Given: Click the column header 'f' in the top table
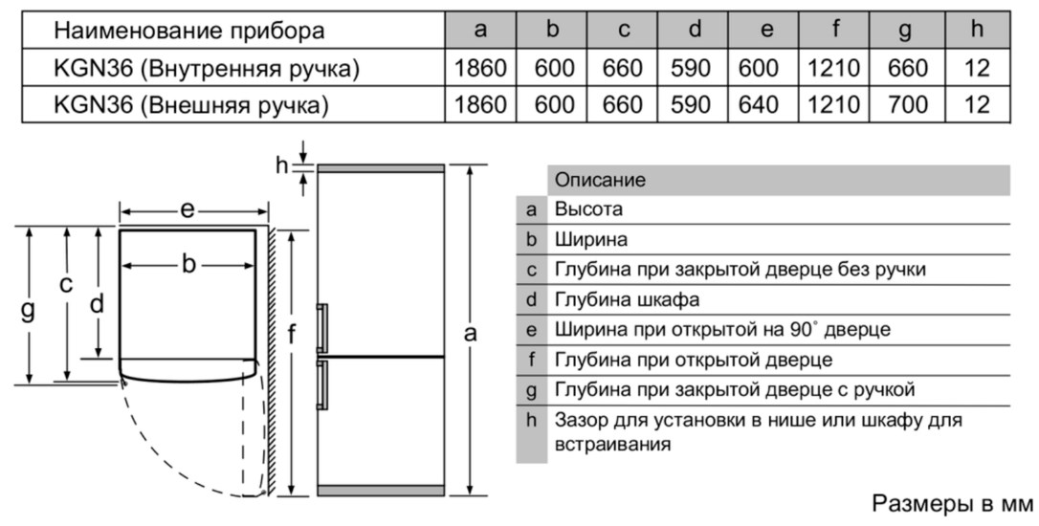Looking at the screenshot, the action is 835,29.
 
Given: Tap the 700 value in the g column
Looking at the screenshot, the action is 907,104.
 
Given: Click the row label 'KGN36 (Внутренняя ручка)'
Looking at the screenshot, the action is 206,68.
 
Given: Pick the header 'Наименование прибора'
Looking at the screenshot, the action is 188,31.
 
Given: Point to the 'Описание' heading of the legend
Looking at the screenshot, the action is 600,180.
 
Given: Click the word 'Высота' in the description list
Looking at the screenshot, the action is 588,209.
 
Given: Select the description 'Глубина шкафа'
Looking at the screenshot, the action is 627,300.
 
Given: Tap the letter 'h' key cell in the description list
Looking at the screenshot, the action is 531,420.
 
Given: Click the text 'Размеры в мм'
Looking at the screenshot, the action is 952,503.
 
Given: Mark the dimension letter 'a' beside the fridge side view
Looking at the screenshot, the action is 470,333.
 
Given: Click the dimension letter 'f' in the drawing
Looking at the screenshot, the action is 291,335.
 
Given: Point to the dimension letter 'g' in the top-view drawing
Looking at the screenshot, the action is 28,309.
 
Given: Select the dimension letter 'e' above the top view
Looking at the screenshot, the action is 188,210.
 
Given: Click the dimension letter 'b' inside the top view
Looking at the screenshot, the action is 188,264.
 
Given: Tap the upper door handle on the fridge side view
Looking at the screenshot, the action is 321,328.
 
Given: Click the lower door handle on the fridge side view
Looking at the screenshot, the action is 321,384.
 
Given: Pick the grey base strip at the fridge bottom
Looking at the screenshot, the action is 381,491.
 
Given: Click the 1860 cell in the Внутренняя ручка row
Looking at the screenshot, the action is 480,68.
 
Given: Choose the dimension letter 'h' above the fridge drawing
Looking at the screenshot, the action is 282,165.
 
